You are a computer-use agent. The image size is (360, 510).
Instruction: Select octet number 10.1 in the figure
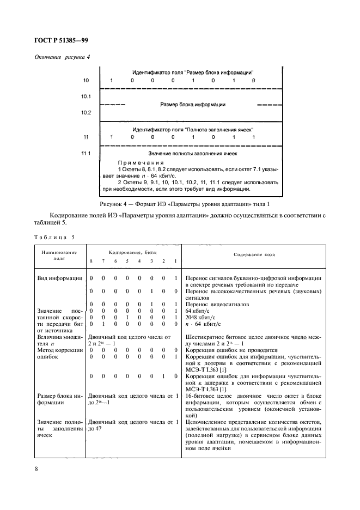coord(86,96)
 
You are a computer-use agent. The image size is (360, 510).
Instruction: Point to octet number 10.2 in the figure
coord(86,113)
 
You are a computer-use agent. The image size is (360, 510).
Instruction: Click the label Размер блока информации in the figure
coord(193,105)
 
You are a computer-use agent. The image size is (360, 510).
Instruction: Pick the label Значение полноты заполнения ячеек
coord(193,154)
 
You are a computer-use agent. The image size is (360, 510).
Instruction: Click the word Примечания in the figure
coord(141,163)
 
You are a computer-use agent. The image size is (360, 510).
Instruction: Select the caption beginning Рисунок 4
coord(184,203)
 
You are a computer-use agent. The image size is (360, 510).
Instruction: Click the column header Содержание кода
coord(254,254)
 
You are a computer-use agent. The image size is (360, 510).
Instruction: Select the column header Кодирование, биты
coord(133,253)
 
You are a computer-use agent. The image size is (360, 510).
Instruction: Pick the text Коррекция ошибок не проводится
coord(232,350)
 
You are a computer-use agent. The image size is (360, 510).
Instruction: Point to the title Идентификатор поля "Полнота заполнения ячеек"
coord(193,129)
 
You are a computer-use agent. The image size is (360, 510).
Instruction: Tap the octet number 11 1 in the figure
coord(86,154)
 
